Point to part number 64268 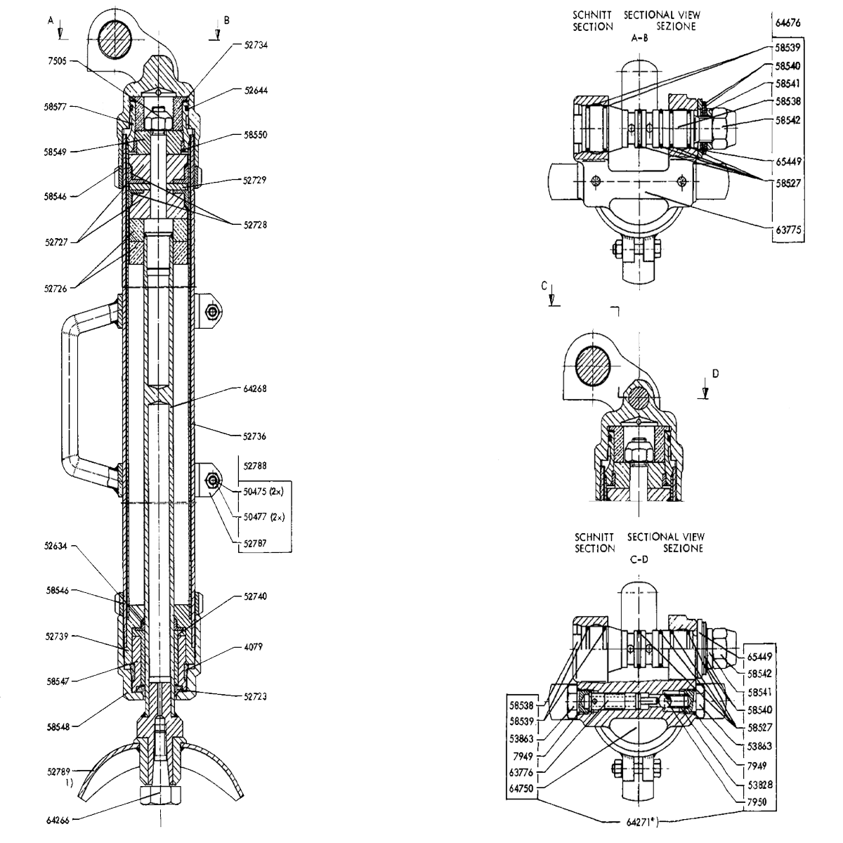[x=256, y=388]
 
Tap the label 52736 [x=256, y=436]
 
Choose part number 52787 [x=256, y=544]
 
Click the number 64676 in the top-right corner [x=789, y=22]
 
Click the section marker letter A [x=50, y=22]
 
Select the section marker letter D [x=715, y=374]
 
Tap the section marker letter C [x=543, y=287]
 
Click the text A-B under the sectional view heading [x=639, y=39]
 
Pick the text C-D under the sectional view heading [x=639, y=562]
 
